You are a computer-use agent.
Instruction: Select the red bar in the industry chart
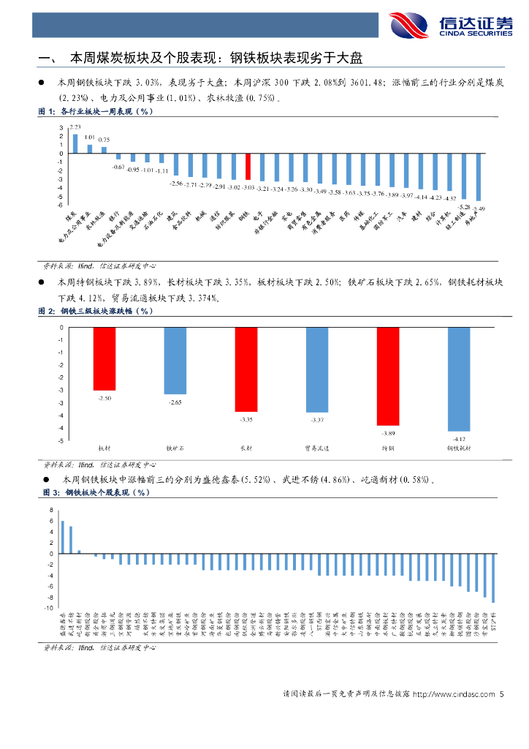pyautogui.click(x=248, y=166)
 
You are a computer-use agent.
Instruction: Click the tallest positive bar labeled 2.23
pyautogui.click(x=75, y=143)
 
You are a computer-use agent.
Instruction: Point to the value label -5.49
pyautogui.click(x=479, y=208)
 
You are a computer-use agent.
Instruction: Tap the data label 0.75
pyautogui.click(x=104, y=139)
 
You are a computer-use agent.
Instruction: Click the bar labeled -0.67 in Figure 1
pyautogui.click(x=118, y=157)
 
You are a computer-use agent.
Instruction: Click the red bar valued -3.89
pyautogui.click(x=388, y=376)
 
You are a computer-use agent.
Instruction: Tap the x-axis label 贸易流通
pyautogui.click(x=317, y=448)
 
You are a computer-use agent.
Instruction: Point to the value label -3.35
pyautogui.click(x=246, y=419)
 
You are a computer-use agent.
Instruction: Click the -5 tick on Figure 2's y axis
pyautogui.click(x=61, y=441)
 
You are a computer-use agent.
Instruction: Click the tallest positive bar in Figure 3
pyautogui.click(x=63, y=537)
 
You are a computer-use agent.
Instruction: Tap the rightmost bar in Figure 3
pyautogui.click(x=493, y=578)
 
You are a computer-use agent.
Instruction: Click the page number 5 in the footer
pyautogui.click(x=502, y=694)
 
